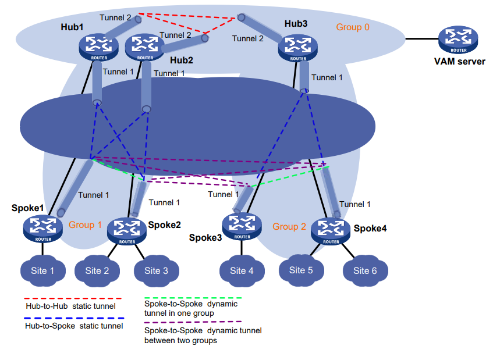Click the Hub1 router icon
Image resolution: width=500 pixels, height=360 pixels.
[95, 45]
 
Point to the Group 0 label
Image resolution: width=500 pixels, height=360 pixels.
[353, 27]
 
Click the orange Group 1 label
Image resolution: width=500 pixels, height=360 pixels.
[85, 224]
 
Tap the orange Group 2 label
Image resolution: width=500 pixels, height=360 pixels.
[289, 226]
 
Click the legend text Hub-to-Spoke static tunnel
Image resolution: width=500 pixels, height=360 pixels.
[74, 326]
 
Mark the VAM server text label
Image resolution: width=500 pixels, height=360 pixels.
[459, 61]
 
